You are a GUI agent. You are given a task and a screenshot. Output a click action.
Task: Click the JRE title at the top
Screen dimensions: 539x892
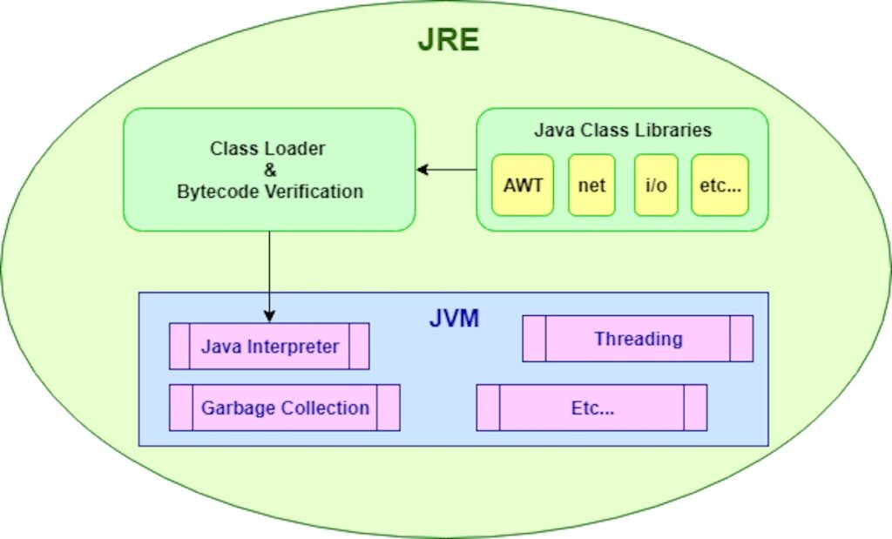coord(448,40)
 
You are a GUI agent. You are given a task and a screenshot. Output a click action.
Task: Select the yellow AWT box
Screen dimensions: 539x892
coord(523,185)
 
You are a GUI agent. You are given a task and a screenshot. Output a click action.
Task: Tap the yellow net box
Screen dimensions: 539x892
coord(591,185)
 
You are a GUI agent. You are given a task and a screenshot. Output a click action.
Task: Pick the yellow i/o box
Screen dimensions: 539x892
coord(657,185)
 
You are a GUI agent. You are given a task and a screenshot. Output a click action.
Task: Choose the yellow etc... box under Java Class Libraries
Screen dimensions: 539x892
coord(720,185)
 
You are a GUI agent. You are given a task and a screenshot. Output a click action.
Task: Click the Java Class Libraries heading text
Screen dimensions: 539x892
coord(622,131)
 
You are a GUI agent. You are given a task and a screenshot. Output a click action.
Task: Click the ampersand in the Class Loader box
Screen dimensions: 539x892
coord(268,170)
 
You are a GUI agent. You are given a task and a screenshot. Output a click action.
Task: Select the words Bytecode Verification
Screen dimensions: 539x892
coord(269,192)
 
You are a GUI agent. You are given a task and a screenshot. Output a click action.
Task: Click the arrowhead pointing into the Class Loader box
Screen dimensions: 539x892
coord(422,170)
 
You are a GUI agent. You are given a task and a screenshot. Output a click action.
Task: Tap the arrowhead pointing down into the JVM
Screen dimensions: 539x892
coord(269,315)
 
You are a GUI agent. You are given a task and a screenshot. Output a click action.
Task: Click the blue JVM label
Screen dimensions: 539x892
coord(454,318)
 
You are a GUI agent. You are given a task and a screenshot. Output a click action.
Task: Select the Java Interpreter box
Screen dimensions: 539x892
coord(269,347)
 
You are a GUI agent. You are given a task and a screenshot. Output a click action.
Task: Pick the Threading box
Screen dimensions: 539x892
coord(638,339)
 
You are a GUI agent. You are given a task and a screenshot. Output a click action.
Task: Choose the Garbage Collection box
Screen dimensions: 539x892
coord(285,408)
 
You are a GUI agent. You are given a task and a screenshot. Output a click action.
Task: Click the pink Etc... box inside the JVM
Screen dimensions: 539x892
coord(591,408)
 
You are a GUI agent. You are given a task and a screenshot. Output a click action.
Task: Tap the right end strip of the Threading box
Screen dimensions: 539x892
coord(741,339)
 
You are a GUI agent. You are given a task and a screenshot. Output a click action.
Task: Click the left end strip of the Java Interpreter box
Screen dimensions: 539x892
coord(179,347)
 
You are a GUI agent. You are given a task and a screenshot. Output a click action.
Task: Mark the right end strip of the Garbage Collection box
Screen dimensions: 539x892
coord(389,408)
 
